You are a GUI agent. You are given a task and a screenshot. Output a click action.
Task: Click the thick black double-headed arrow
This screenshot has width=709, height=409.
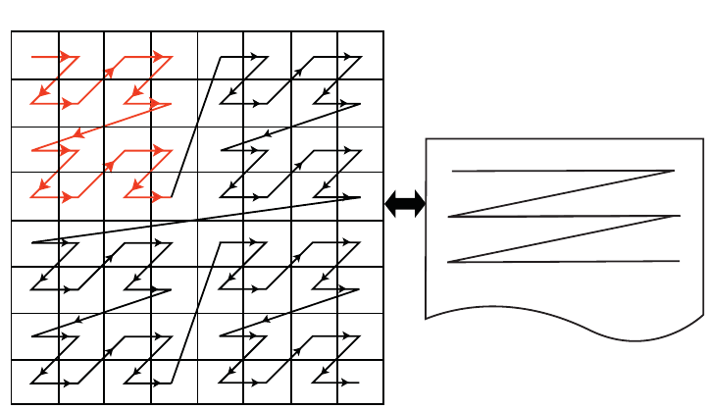click(x=405, y=204)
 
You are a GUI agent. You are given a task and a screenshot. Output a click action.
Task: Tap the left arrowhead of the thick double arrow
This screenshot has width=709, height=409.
click(x=390, y=204)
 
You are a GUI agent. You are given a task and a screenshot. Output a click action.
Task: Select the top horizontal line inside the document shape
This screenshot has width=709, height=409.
click(x=559, y=172)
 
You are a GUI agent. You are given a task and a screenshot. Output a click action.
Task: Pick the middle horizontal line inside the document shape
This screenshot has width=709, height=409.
click(x=564, y=217)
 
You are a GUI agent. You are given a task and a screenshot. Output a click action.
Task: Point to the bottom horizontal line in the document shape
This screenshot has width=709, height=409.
click(x=564, y=262)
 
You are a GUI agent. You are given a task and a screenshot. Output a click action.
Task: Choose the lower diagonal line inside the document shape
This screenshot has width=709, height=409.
click(x=564, y=239)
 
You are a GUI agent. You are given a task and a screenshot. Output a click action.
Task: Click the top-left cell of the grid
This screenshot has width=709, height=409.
click(x=35, y=55)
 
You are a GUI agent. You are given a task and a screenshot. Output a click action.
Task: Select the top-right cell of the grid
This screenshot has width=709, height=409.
click(x=360, y=55)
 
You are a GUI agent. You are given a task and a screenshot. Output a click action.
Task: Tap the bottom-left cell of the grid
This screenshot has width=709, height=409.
click(x=35, y=381)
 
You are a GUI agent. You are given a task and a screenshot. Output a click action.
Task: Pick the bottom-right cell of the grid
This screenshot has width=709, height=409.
click(x=360, y=381)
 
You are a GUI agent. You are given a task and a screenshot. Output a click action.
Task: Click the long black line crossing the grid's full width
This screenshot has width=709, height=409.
click(x=196, y=220)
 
